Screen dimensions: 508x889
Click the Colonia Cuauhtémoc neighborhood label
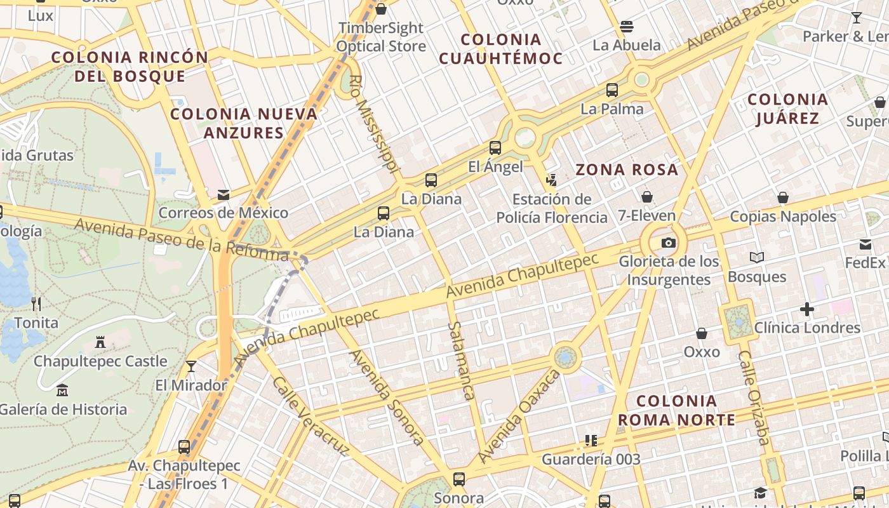coord(500,49)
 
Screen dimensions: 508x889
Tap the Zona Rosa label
coord(627,170)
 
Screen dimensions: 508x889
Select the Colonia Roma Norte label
coord(676,410)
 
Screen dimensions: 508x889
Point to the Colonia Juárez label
coord(787,109)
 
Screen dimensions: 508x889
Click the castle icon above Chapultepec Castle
coord(100,343)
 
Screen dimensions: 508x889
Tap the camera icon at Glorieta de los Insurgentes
coord(668,243)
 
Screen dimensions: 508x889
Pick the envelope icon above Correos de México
coord(223,194)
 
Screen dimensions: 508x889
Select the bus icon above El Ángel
coord(495,148)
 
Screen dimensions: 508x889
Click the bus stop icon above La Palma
coord(612,90)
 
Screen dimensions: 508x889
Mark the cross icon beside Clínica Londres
coord(807,309)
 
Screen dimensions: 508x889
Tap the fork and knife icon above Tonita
coord(36,304)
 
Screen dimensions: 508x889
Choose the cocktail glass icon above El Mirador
coord(190,366)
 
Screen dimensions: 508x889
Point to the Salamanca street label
coord(461,360)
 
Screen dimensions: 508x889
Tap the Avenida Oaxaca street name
coord(519,416)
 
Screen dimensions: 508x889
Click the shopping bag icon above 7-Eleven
coord(646,197)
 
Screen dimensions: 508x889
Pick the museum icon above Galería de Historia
coord(62,391)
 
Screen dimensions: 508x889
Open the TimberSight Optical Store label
coord(381,37)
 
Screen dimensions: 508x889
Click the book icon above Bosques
coord(756,257)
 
